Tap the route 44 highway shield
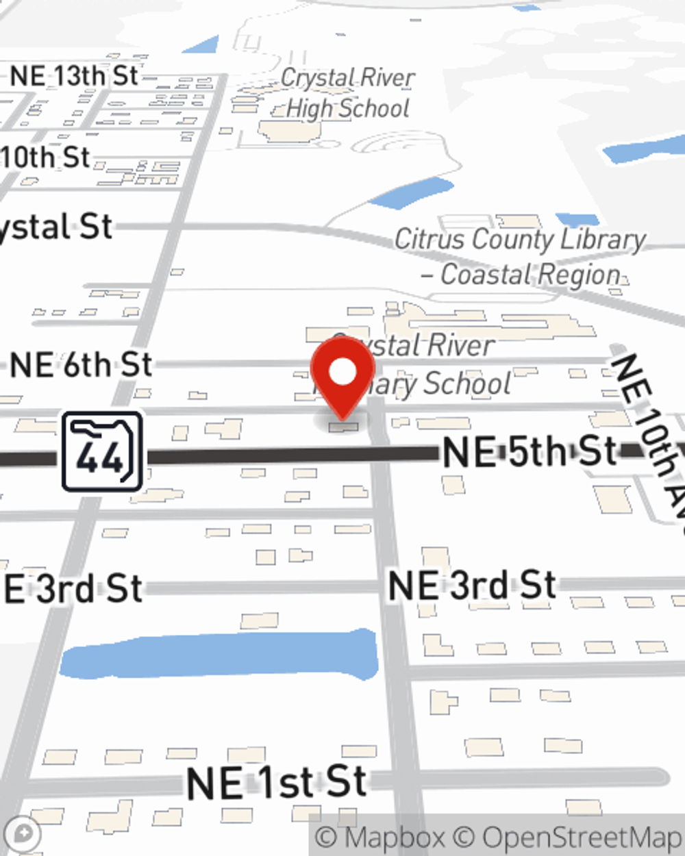[x=103, y=452]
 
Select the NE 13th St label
[x=75, y=76]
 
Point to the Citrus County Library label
[x=520, y=240]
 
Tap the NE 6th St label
[x=81, y=365]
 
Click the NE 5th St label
[x=530, y=452]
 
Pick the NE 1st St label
[x=277, y=782]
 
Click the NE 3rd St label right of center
[x=472, y=586]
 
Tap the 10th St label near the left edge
[x=45, y=158]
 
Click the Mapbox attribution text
[x=381, y=838]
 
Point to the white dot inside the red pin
[x=342, y=373]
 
